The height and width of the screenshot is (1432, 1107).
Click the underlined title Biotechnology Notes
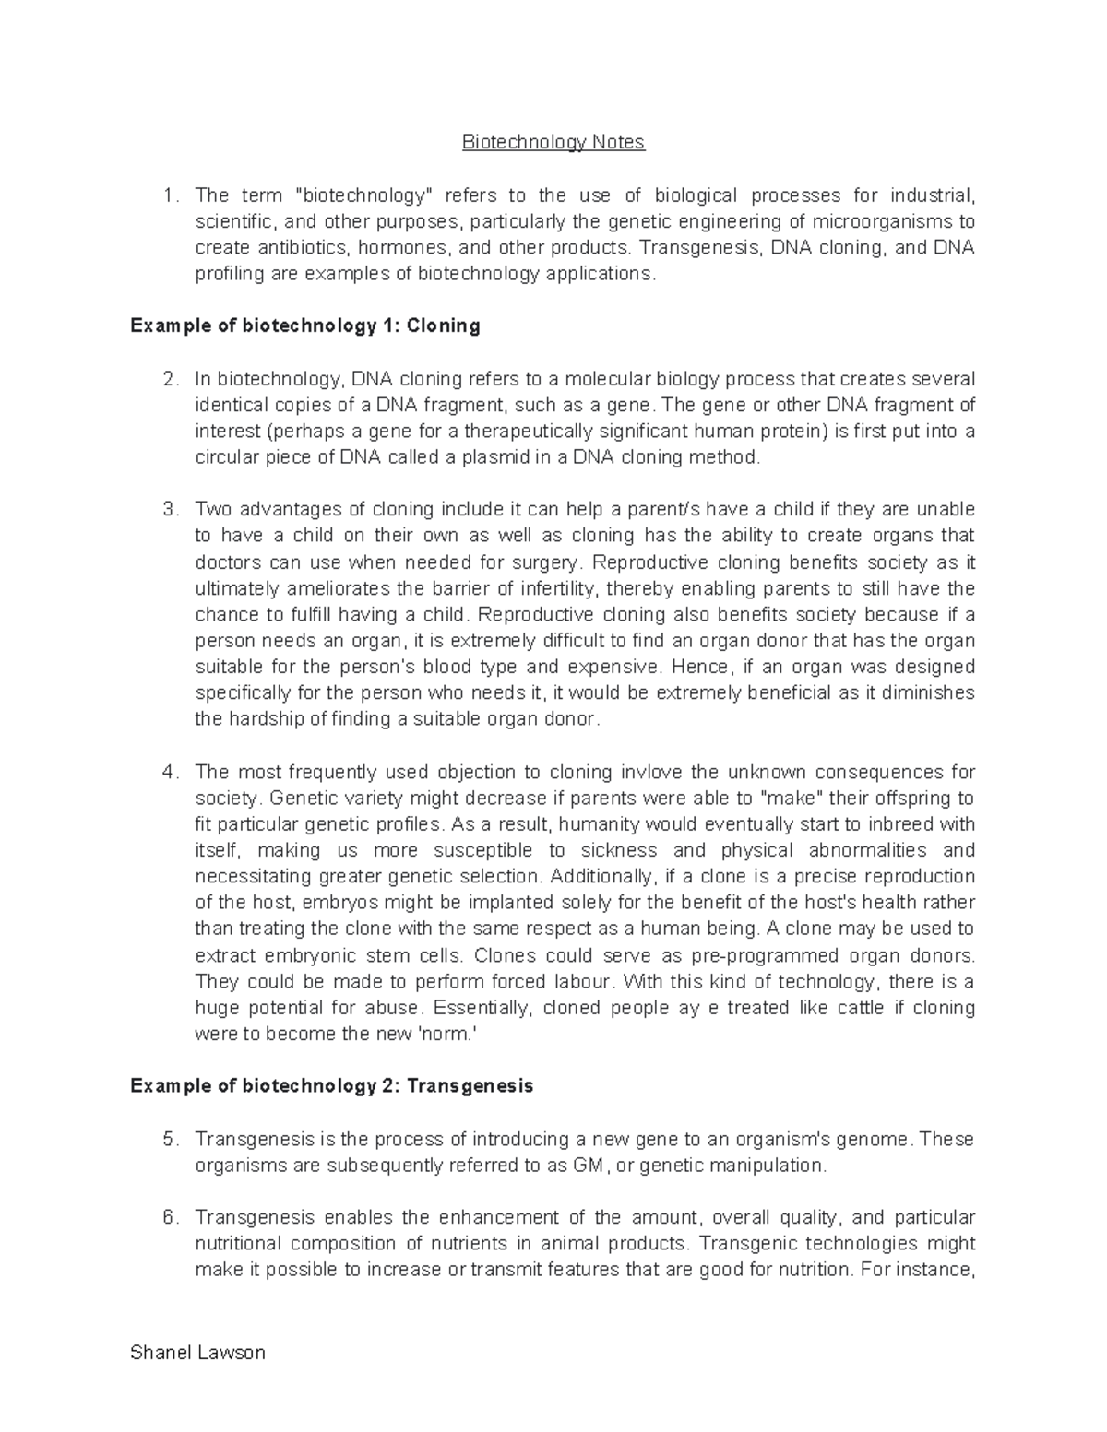[553, 142]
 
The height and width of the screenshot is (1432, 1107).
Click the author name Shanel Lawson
[197, 1353]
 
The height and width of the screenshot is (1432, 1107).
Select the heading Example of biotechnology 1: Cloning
[305, 325]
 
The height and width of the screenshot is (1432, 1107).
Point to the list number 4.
[168, 772]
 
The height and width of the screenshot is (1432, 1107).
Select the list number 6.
[168, 1217]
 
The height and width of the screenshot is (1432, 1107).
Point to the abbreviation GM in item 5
[587, 1165]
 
